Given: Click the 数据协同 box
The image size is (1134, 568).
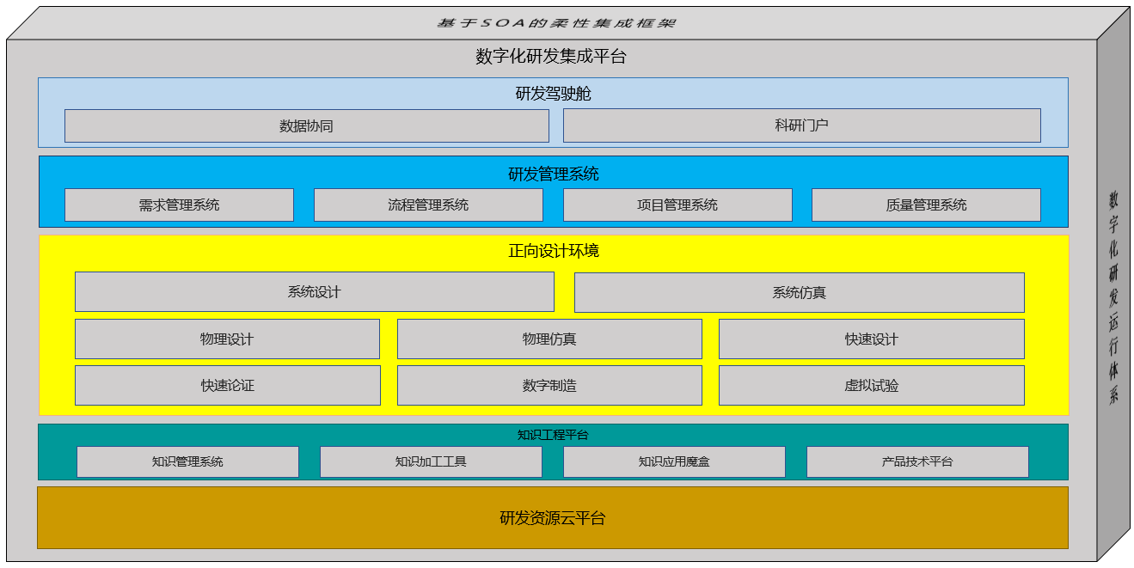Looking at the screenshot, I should (306, 125).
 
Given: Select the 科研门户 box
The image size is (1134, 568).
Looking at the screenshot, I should (801, 125).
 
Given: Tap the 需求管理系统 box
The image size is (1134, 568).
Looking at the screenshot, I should (179, 205).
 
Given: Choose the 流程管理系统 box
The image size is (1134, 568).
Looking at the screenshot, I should (428, 205).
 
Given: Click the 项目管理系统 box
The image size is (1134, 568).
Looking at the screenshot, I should (677, 205).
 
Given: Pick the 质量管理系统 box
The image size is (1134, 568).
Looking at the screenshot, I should (926, 205).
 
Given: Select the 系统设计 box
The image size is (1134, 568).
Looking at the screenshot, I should (314, 292).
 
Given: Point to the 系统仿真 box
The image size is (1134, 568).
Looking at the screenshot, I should (799, 293).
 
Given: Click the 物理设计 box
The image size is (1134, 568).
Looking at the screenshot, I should (227, 339).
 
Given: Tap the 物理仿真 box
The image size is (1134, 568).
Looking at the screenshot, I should (549, 339).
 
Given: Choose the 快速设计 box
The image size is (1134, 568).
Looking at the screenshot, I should (871, 339).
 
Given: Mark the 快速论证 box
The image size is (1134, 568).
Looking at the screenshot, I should (227, 386).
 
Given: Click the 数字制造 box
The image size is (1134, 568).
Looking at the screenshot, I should (549, 386).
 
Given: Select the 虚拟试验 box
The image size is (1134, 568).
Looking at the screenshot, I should (871, 386).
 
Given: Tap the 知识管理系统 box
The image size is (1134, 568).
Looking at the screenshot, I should (187, 461).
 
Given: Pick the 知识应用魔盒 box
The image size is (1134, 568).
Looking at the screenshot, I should (674, 461).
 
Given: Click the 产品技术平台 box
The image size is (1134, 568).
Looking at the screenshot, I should (917, 461).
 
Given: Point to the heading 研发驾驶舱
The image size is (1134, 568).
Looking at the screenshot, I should (553, 94).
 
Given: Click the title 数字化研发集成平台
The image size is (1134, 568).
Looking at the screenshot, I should (551, 57).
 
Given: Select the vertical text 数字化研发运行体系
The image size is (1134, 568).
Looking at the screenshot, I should (1113, 297).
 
